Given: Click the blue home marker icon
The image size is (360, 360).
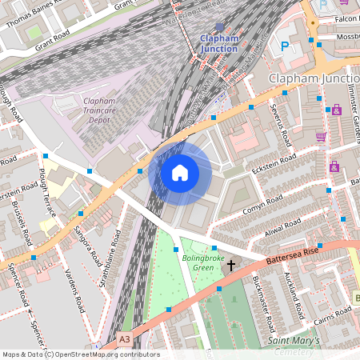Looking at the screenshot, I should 180,172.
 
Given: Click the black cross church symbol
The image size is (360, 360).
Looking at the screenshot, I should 232,265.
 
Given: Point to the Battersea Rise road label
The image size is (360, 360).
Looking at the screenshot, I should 300,254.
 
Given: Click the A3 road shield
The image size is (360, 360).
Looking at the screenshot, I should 124,340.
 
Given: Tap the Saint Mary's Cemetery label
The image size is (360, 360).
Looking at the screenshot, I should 293,346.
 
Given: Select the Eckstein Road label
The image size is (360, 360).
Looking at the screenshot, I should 274,162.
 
